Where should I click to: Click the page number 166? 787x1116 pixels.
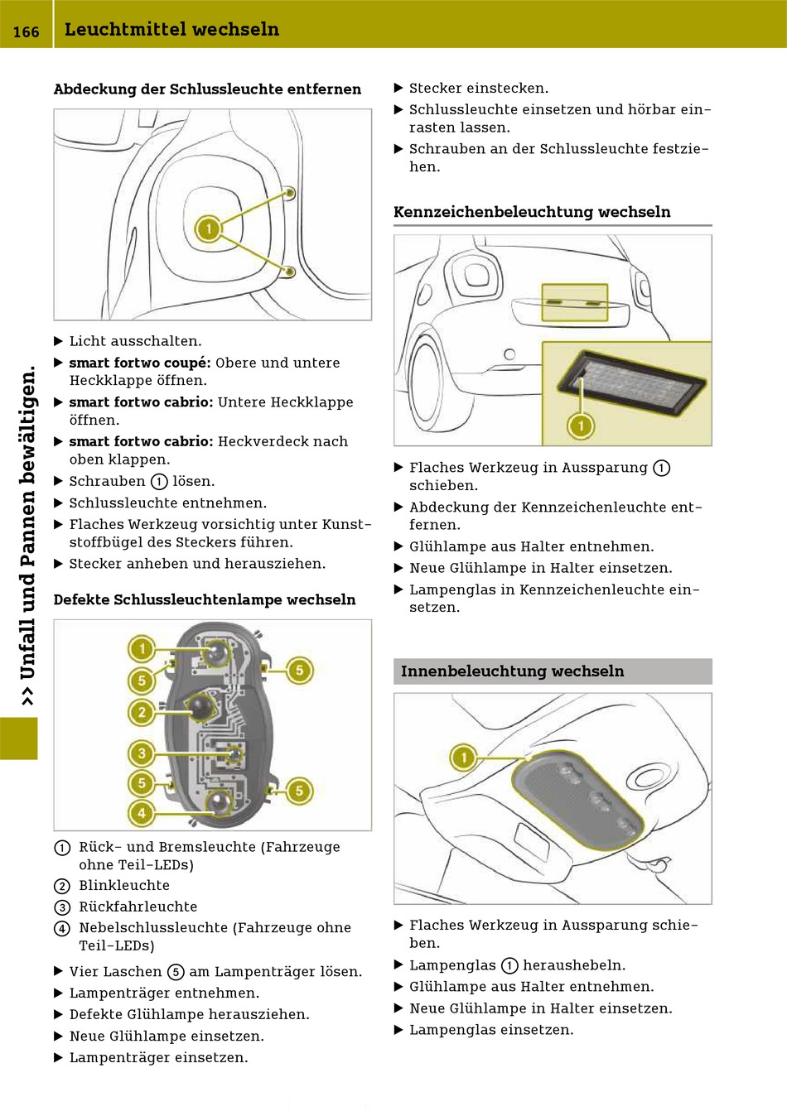[26, 31]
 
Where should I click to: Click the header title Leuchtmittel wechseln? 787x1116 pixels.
[171, 30]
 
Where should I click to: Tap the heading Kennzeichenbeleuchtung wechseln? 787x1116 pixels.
[532, 212]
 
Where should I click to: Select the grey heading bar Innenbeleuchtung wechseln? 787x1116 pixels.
[552, 671]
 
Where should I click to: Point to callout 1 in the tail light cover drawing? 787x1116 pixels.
[208, 228]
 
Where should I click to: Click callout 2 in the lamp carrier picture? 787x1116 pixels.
[142, 712]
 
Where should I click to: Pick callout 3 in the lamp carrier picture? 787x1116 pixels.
[142, 753]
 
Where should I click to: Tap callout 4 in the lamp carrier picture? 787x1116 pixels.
[142, 813]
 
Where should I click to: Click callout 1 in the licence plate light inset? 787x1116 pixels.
[581, 426]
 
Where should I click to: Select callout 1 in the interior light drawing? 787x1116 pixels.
[463, 757]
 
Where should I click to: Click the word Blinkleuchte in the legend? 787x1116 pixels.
[124, 886]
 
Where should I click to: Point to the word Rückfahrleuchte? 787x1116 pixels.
[138, 907]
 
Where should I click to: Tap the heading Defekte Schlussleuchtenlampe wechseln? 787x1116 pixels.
[205, 600]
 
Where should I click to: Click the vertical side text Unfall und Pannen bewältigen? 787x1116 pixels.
[27, 534]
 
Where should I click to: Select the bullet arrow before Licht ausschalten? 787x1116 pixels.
[59, 341]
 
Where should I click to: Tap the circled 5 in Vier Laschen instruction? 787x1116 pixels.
[176, 972]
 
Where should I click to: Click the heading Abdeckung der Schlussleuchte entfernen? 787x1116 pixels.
[207, 89]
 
